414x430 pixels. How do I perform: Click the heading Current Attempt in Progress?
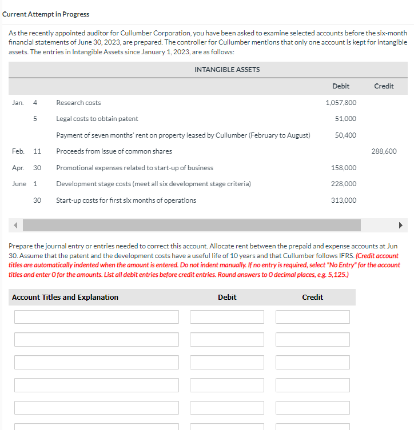(x=46, y=14)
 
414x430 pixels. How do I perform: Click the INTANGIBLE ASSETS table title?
(x=227, y=70)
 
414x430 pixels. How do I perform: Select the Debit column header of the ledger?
(x=341, y=86)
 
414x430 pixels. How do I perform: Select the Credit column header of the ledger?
(x=384, y=86)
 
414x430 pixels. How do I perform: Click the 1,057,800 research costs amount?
(x=341, y=103)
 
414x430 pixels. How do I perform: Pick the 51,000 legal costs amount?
(x=346, y=119)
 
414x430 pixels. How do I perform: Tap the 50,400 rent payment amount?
(x=346, y=135)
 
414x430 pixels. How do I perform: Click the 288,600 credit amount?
(x=384, y=151)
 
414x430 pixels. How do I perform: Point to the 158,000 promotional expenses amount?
(x=344, y=168)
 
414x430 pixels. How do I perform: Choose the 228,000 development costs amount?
(x=344, y=184)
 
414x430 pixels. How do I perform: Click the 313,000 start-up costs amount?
(x=344, y=200)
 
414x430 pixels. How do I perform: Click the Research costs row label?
(x=78, y=103)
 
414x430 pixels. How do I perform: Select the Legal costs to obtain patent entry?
(x=97, y=119)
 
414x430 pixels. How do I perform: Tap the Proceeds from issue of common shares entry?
(x=114, y=151)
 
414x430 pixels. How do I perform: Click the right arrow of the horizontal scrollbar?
(x=400, y=225)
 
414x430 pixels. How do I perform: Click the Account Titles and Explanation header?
(x=65, y=298)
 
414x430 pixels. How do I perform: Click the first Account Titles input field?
(x=97, y=317)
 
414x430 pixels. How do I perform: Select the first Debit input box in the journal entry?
(x=227, y=317)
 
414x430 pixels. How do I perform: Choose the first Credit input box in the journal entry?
(x=312, y=317)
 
